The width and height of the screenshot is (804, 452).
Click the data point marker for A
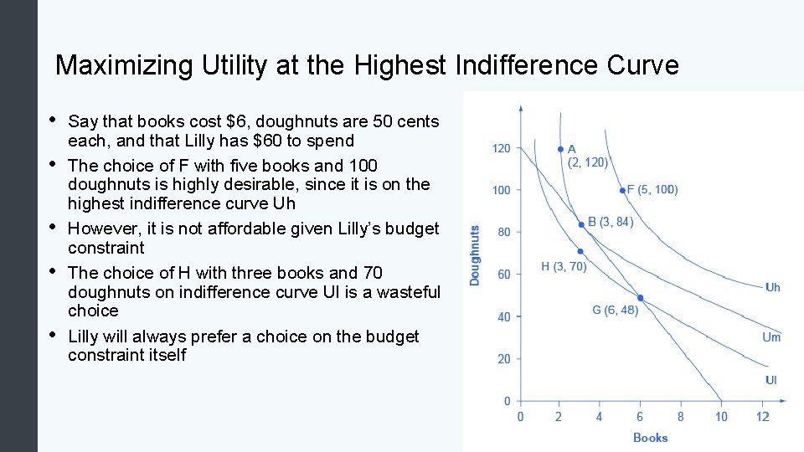coord(560,149)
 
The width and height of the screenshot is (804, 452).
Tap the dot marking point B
coord(581,224)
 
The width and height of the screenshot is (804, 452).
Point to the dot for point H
coord(580,251)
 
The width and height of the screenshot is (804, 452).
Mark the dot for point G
coord(641,298)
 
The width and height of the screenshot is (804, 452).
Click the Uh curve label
coord(772,287)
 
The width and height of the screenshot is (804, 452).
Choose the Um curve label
coord(771,337)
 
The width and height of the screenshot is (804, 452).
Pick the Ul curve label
coord(770,380)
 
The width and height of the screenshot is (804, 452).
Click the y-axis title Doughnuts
coord(475,255)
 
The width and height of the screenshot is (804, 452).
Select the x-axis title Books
coord(650,437)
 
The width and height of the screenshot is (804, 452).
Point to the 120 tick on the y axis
coord(501,149)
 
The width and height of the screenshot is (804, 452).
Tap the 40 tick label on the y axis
coord(503,317)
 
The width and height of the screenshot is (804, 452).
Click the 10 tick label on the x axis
coord(721,416)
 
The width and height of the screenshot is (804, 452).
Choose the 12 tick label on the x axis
coord(762,416)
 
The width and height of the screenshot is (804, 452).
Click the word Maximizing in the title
coord(124,65)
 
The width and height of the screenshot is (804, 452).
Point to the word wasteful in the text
coord(402,291)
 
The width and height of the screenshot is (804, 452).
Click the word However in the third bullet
coord(102,229)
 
